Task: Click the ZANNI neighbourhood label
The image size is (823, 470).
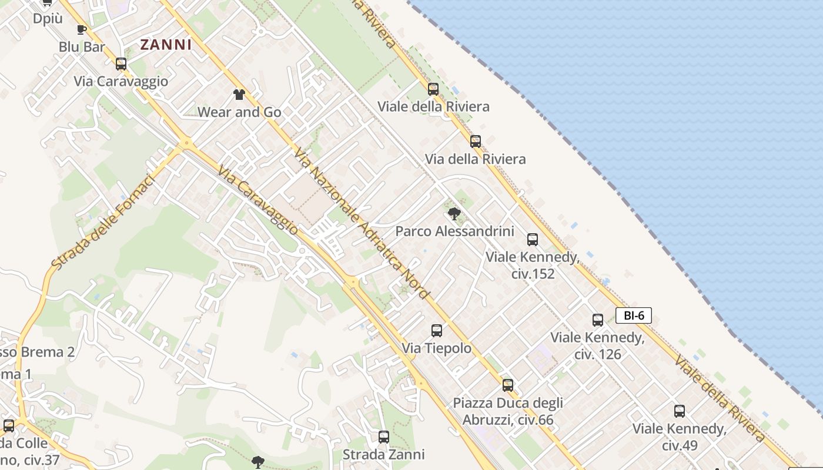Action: pos(166,45)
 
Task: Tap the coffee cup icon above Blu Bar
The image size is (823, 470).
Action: pos(81,29)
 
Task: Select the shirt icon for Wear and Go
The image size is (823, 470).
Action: pos(239,94)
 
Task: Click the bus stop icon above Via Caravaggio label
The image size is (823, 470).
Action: pos(121,64)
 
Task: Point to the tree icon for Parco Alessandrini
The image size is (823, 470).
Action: pos(454,213)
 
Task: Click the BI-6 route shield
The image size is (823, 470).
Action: pos(634,315)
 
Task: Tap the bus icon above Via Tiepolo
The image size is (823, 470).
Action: pos(436,331)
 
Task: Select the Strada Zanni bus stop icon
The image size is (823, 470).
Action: pos(384,437)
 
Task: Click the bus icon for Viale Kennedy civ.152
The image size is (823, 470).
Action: pos(533,239)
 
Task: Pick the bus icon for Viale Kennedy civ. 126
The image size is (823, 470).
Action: pos(598,320)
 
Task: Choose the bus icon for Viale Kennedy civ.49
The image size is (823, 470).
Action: pos(680,411)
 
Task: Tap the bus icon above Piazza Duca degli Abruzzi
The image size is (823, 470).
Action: pos(508,385)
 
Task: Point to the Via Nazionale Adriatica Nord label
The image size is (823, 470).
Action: pos(362,223)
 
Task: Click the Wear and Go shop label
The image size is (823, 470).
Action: pos(239,112)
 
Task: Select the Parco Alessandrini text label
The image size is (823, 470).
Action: pos(454,231)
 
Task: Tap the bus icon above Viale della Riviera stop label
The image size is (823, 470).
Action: pos(433,89)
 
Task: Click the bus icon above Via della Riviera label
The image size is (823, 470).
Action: pos(476,142)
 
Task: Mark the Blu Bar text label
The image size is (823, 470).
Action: pos(82,47)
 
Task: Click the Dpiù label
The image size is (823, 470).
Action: pos(48,19)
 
